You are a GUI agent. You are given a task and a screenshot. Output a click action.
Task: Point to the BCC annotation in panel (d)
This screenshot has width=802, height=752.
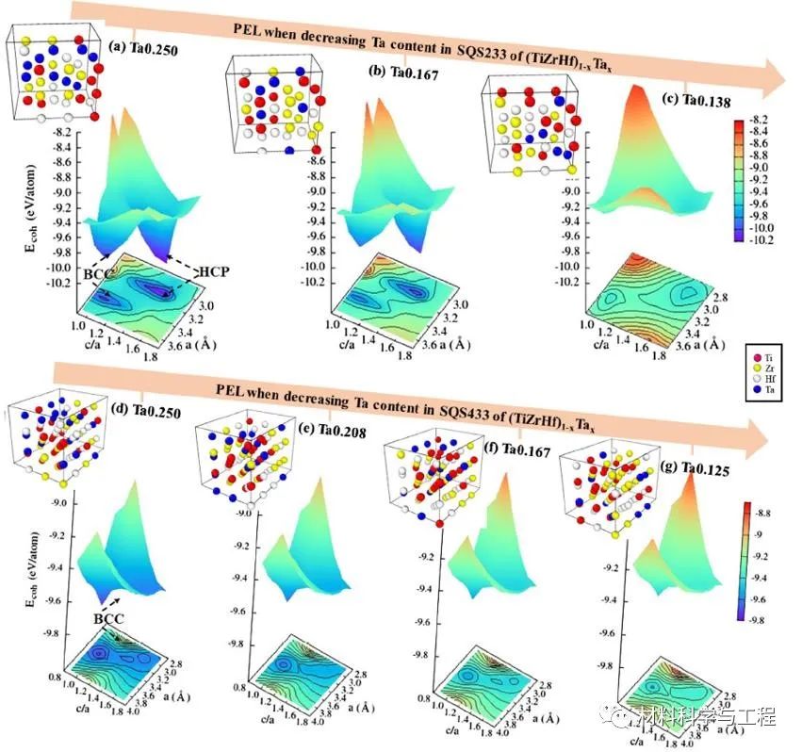point(112,621)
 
